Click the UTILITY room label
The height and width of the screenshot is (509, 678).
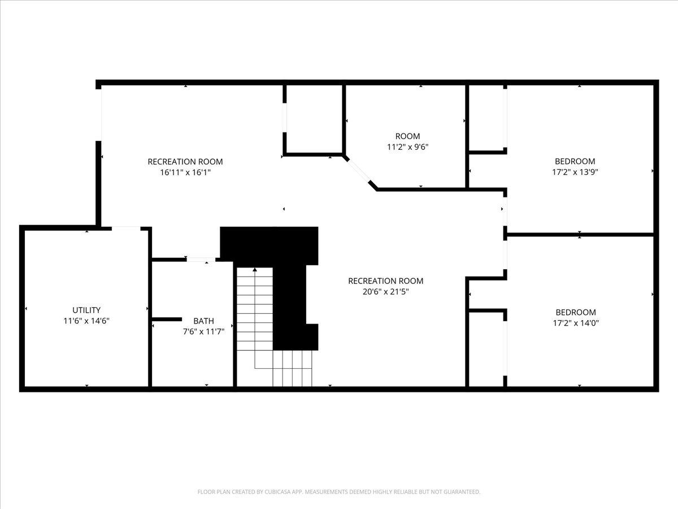coord(86,310)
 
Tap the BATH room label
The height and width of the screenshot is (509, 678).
coord(203,321)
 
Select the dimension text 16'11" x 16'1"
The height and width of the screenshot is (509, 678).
coord(185,172)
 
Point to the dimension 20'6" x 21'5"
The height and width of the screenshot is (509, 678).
coord(385,292)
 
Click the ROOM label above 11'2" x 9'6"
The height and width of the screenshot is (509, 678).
coord(408,136)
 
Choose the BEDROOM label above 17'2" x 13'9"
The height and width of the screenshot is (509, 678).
coord(575,161)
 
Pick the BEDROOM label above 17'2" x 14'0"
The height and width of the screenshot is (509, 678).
coord(576,312)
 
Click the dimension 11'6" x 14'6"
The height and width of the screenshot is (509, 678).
coord(86,321)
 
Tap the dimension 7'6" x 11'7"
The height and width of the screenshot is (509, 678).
coord(203,331)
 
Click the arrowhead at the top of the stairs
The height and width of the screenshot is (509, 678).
coord(255,270)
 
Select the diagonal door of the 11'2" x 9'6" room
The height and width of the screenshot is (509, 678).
coord(359,171)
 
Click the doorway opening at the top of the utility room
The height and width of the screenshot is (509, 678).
coord(126,228)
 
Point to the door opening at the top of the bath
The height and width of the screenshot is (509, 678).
coord(201,260)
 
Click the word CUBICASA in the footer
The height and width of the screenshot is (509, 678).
coord(277,491)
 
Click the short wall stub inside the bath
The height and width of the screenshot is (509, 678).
coord(167,319)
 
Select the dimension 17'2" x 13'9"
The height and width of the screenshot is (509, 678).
coord(575,172)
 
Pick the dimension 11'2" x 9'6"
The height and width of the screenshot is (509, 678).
coord(408,147)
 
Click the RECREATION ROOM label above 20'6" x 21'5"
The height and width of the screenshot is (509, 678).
coord(385,281)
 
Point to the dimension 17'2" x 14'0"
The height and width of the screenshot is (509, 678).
coord(576,323)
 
